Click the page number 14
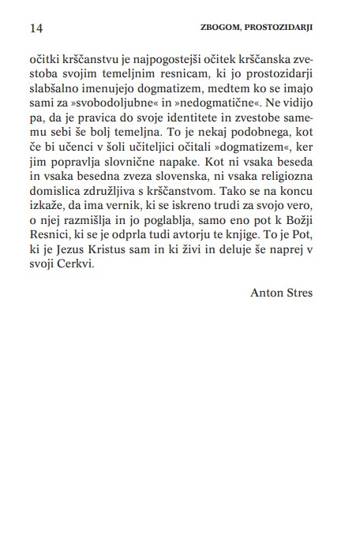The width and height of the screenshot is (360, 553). click(35, 28)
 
